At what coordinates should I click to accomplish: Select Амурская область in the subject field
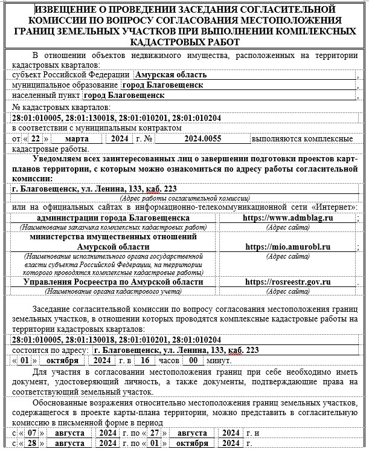click(172, 75)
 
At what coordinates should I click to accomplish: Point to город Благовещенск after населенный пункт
click(124, 95)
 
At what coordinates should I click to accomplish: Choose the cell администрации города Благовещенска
click(114, 218)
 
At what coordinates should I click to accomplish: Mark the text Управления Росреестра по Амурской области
click(114, 282)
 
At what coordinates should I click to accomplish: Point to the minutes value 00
click(193, 360)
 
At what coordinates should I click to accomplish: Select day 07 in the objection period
click(33, 433)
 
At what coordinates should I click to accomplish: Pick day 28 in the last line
click(33, 444)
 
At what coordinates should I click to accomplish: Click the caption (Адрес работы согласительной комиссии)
click(185, 198)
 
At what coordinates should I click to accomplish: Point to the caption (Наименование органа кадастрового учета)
click(114, 291)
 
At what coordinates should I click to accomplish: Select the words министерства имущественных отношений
click(114, 237)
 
